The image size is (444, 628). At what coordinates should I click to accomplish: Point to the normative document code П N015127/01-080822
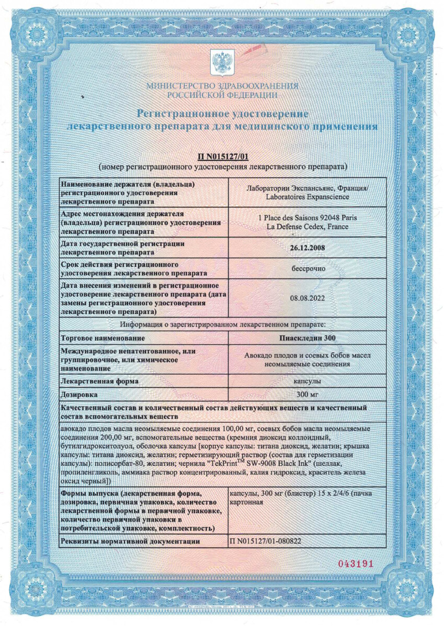click(266, 541)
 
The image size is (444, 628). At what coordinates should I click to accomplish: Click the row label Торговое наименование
click(103, 338)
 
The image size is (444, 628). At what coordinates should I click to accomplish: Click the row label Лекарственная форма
click(100, 381)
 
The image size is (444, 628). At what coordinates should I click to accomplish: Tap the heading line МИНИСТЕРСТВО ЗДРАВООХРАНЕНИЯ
click(222, 86)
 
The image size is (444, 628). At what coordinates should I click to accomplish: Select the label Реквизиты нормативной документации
click(130, 541)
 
